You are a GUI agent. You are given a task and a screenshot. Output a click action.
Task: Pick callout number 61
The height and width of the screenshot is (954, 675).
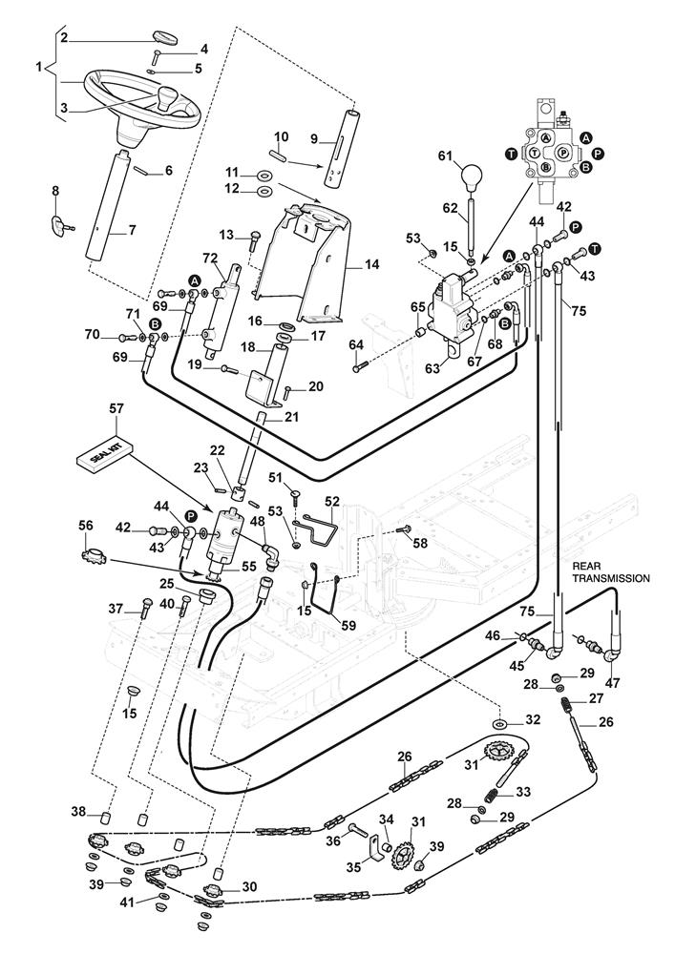pos(444,156)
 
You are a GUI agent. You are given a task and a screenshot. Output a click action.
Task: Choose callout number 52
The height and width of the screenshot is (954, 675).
pos(331,500)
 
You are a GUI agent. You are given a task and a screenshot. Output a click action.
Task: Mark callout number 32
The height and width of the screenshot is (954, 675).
pos(533,719)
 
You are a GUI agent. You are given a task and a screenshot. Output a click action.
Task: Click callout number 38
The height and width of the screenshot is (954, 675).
pos(77,812)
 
